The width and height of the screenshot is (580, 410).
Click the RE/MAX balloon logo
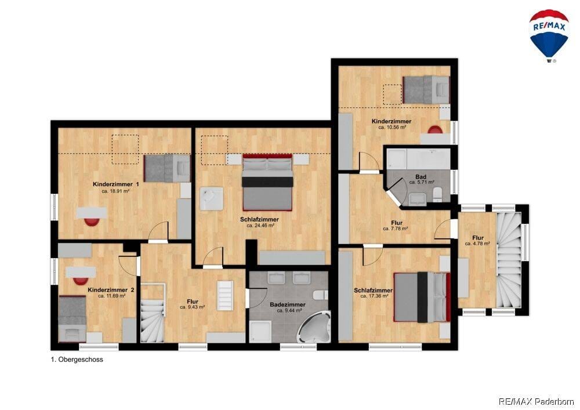click(x=549, y=35)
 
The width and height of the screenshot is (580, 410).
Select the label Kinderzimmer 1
click(x=115, y=184)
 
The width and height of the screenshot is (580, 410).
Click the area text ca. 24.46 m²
click(x=260, y=226)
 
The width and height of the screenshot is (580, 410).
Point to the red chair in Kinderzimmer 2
click(x=81, y=281)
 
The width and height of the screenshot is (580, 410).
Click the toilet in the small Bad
click(x=437, y=194)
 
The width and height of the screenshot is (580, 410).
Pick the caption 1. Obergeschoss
click(x=77, y=360)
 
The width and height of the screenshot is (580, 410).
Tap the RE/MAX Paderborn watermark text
click(x=536, y=401)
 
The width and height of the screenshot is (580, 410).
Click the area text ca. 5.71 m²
click(x=421, y=182)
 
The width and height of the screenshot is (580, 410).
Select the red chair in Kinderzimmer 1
click(x=92, y=222)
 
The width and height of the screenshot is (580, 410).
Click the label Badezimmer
click(x=288, y=304)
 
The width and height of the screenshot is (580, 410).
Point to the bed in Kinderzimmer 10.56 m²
click(x=426, y=89)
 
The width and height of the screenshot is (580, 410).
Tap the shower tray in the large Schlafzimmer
click(x=211, y=199)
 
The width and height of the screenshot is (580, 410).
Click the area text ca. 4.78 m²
click(x=477, y=244)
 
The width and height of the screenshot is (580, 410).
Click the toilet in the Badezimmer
click(x=320, y=295)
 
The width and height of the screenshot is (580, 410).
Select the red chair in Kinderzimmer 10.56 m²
click(x=435, y=129)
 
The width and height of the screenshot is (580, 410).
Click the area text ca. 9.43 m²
click(x=193, y=307)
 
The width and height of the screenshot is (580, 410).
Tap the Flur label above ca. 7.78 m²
click(x=397, y=223)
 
